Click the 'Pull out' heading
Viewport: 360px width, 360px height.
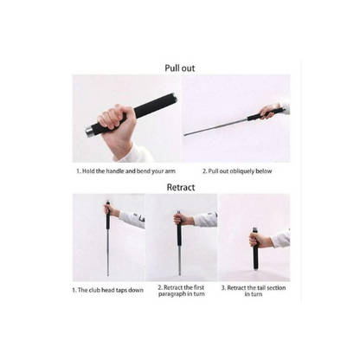(x=180, y=68)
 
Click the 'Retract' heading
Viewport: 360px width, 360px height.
(x=181, y=187)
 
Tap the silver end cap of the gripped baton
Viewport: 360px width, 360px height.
(x=88, y=132)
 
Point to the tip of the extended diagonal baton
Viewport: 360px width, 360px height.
(x=185, y=135)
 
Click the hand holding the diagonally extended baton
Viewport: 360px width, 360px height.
(x=270, y=112)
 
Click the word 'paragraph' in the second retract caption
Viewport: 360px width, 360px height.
(x=172, y=294)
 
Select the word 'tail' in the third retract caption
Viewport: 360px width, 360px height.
(x=260, y=288)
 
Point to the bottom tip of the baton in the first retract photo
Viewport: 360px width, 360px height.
(x=108, y=275)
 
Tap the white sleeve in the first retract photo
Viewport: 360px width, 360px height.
(x=132, y=219)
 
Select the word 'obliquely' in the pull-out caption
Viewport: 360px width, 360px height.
(x=241, y=171)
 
